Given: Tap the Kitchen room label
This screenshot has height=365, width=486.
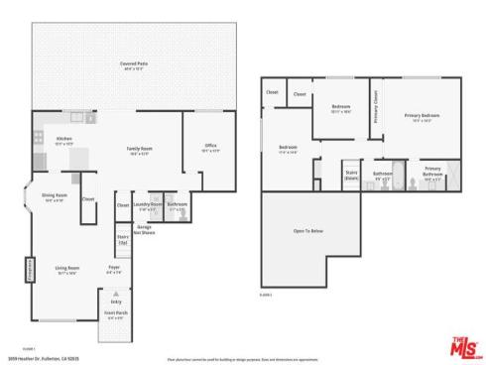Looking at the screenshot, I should coord(63,139).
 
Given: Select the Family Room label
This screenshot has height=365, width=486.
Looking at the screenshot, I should coord(138,150).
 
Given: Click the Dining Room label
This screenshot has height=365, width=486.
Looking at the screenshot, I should coord(54,196).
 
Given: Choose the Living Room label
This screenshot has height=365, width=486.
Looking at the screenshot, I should coord(66,268).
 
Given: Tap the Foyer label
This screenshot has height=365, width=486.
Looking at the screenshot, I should coord(114,268).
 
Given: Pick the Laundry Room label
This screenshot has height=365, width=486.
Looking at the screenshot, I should coord(148,206).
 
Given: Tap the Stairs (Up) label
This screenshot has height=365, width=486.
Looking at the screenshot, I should coord(123,239).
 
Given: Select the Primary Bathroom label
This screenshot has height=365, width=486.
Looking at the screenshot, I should coord(431,171).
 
